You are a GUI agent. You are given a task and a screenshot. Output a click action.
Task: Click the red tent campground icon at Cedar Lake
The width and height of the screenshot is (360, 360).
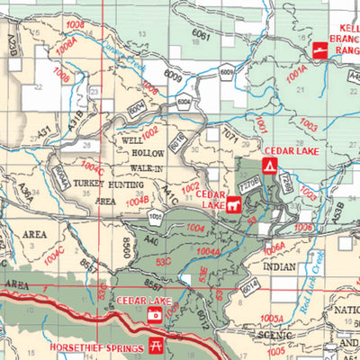[267, 166]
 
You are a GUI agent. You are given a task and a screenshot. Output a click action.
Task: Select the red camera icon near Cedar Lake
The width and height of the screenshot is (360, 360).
[154, 315]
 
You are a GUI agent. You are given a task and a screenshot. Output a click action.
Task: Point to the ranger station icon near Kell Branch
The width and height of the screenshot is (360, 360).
[319, 50]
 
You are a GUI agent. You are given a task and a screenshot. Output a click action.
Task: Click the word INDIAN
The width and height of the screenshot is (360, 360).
[279, 267]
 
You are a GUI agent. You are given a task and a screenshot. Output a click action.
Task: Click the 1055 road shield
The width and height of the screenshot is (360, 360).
[157, 216]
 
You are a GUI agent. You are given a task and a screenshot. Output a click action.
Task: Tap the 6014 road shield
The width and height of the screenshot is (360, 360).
[249, 285]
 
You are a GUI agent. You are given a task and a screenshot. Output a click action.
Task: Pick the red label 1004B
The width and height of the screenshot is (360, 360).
[137, 202]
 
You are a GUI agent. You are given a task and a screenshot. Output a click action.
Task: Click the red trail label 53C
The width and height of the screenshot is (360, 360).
[164, 261]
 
